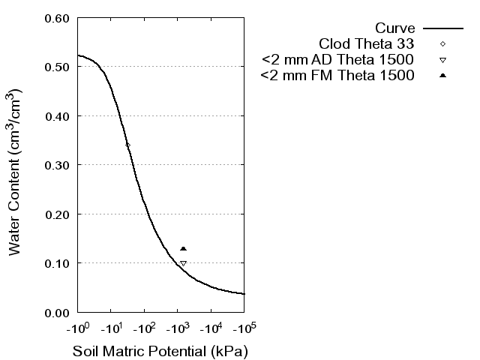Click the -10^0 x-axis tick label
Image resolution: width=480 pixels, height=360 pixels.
tap(78, 328)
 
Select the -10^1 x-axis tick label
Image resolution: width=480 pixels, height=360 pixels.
tap(111, 328)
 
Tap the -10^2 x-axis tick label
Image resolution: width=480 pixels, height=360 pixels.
tap(145, 328)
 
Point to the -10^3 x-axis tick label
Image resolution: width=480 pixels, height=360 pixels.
tap(178, 328)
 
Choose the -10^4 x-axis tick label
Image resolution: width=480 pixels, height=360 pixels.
tap(211, 328)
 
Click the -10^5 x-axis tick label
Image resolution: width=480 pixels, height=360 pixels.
tap(244, 328)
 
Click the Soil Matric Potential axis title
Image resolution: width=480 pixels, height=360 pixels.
tap(160, 351)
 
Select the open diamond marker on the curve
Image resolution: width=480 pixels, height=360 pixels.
tap(127, 145)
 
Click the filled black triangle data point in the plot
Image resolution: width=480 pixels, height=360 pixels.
tap(183, 248)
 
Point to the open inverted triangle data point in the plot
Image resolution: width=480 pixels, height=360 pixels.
tap(183, 263)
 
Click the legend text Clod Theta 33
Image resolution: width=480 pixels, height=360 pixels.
tap(367, 43)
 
